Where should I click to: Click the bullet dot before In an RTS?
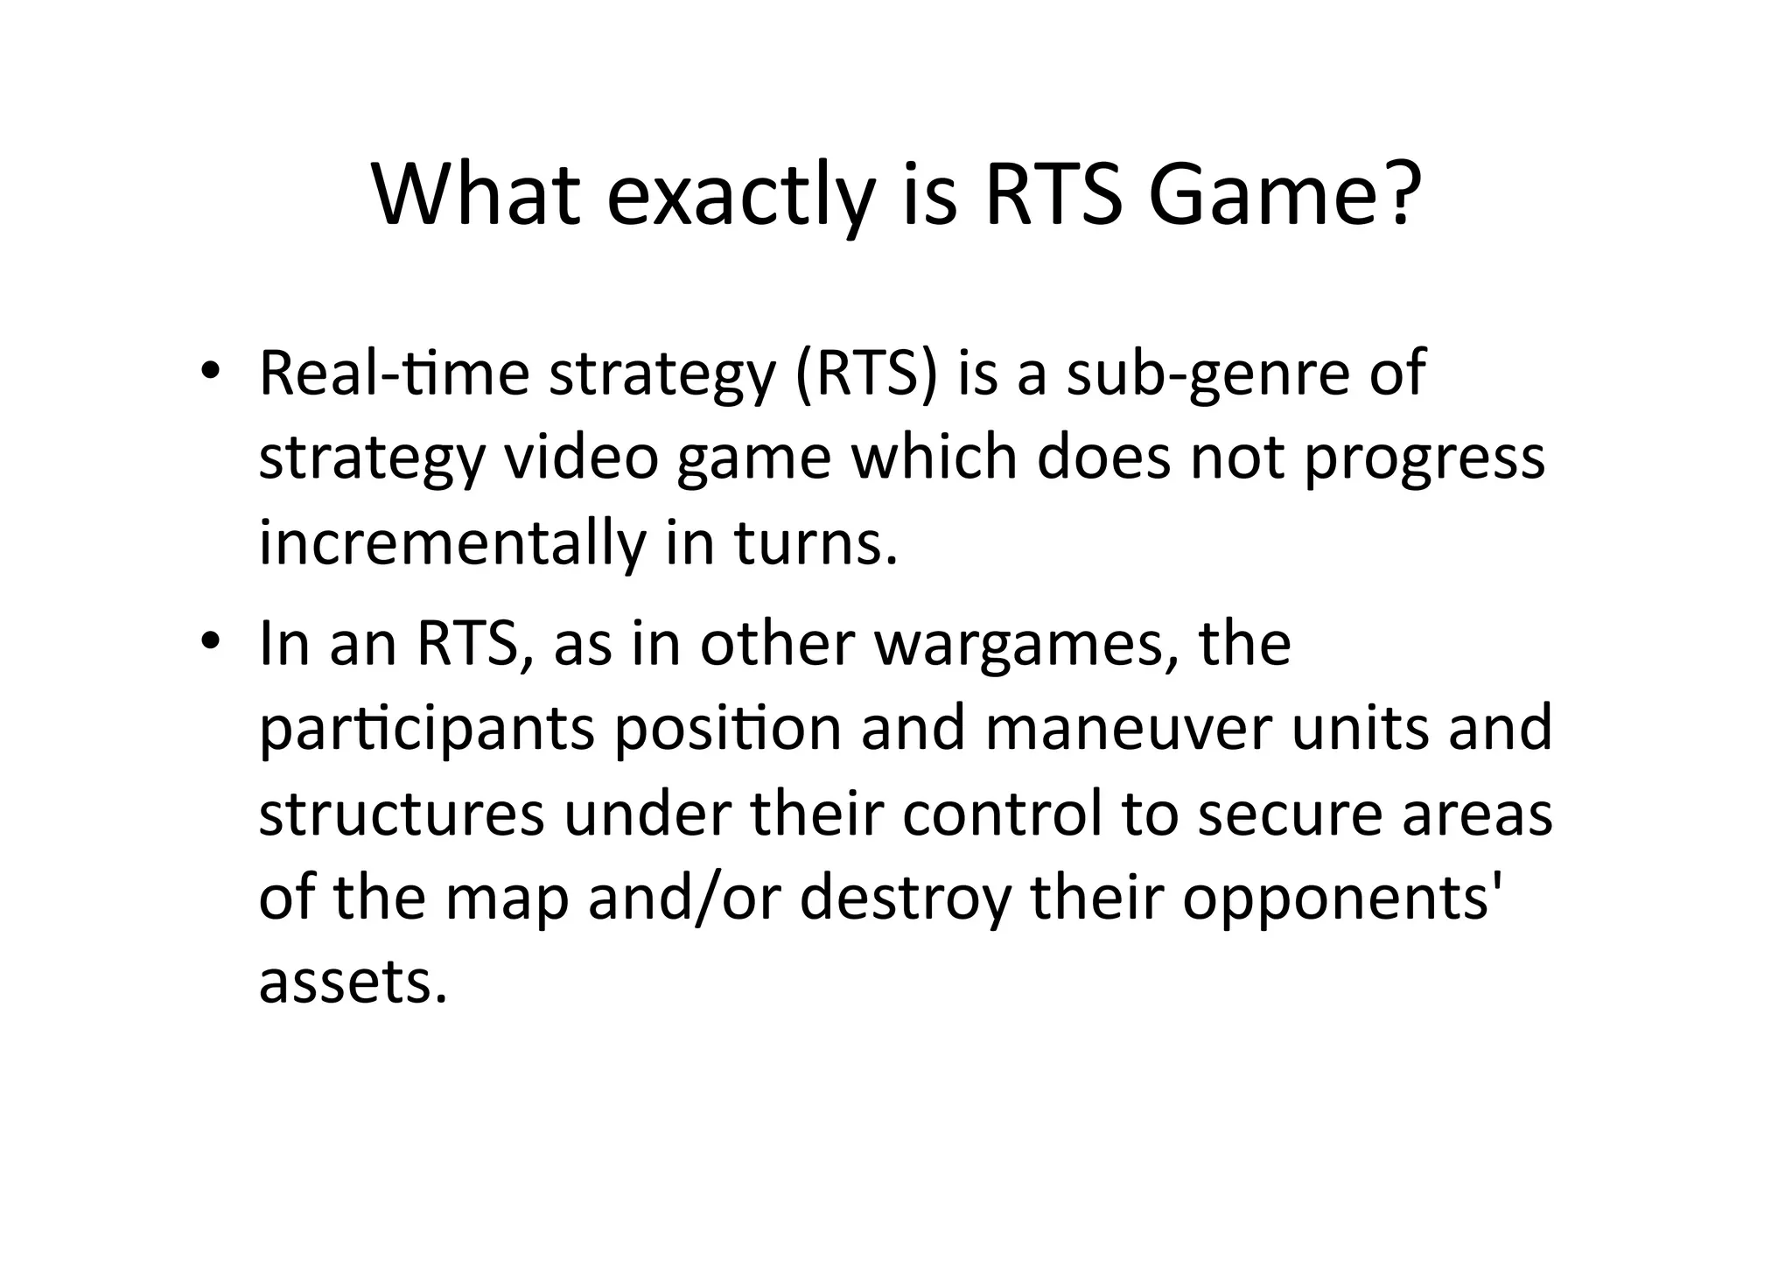(210, 642)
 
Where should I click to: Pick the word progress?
(1424, 459)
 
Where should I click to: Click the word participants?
(427, 729)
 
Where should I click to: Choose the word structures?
(402, 814)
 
